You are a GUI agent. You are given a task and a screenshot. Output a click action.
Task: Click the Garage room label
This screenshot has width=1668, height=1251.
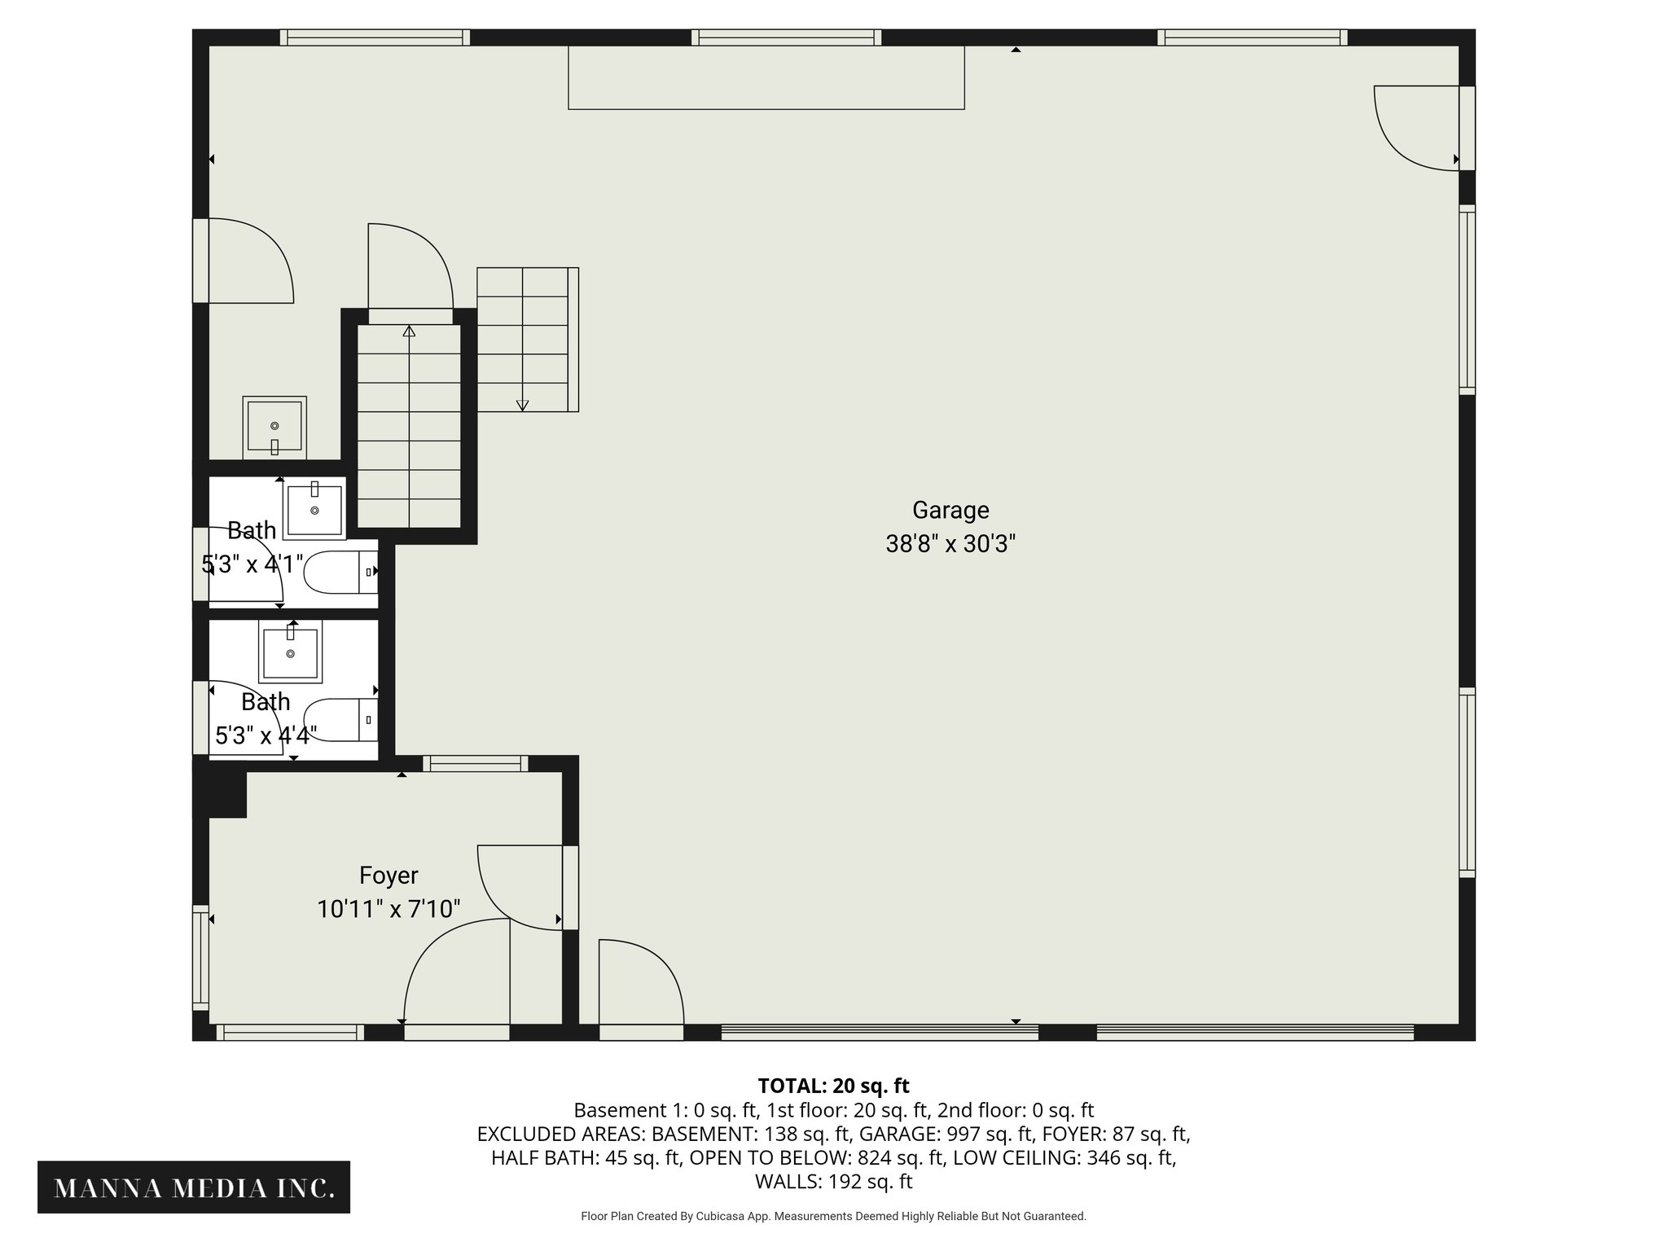tap(950, 510)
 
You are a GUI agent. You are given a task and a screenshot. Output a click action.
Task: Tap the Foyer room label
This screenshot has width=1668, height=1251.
tap(388, 876)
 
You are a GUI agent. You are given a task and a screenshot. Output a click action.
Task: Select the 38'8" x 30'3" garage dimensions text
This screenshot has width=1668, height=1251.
tap(950, 544)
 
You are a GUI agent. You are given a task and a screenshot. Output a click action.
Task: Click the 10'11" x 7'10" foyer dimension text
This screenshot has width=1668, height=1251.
tap(388, 909)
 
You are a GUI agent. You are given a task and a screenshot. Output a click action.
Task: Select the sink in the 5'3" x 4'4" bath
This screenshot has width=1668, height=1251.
tap(291, 652)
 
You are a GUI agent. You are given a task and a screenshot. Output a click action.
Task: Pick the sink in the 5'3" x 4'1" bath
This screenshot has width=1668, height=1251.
tap(314, 510)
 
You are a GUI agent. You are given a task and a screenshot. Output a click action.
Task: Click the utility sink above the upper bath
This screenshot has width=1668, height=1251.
tap(274, 428)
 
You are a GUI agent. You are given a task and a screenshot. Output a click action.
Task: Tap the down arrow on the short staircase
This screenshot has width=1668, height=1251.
tap(522, 405)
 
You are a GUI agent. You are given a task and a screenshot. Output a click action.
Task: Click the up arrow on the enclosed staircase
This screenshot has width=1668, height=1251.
tap(409, 331)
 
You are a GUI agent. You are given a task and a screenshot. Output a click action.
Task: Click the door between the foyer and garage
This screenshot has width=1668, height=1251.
tap(521, 888)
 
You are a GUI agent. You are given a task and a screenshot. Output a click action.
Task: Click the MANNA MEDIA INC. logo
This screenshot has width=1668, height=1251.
tap(194, 1188)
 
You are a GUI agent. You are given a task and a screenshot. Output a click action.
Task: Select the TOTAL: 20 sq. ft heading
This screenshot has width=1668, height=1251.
tap(833, 1086)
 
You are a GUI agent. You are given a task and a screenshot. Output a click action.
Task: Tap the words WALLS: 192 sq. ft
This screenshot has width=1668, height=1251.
tap(833, 1182)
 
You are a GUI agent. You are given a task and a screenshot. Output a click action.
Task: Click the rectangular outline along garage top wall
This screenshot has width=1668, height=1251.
tap(766, 77)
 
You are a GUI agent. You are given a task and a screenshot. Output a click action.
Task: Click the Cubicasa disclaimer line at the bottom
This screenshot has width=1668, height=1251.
tap(833, 1216)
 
